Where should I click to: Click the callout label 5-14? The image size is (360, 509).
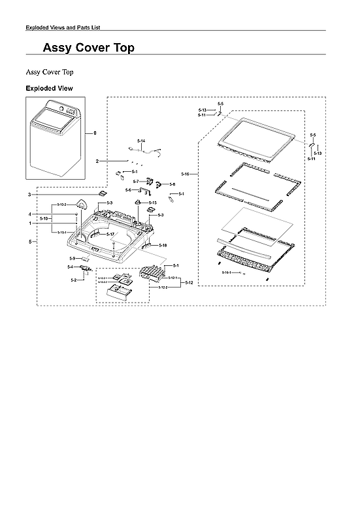click(141, 141)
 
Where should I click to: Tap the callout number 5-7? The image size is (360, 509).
click(136, 181)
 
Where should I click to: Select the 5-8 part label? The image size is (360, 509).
click(172, 184)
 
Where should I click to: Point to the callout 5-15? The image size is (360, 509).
click(152, 203)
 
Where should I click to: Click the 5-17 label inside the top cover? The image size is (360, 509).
click(110, 234)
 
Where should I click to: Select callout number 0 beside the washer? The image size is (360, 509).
click(95, 133)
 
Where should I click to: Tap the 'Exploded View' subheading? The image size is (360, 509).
click(49, 88)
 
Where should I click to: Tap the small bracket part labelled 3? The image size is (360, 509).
click(102, 193)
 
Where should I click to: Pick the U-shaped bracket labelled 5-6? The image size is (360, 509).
click(139, 191)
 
